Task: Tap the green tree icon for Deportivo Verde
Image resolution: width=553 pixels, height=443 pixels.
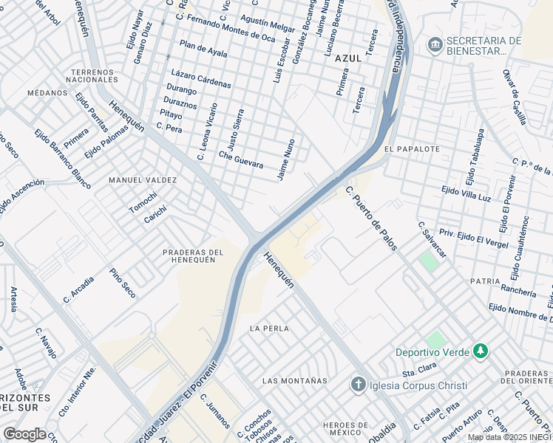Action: point(481,351)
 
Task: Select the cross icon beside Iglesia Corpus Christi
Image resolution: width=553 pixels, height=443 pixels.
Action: point(358,385)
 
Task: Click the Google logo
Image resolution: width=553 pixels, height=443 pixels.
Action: point(24,434)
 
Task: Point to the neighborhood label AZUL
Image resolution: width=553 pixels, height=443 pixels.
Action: point(347,58)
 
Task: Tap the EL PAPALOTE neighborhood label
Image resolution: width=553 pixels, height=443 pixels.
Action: point(412,148)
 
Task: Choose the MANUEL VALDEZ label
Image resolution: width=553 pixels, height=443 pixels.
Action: point(143,180)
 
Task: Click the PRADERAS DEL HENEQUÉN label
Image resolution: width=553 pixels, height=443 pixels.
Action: point(193,255)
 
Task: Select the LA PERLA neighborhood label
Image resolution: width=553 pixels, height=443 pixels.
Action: point(269,328)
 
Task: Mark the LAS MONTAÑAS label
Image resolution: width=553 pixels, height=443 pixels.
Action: point(294,381)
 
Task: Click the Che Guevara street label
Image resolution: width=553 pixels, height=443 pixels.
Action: point(241,159)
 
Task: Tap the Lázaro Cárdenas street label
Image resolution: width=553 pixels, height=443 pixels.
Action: point(200,80)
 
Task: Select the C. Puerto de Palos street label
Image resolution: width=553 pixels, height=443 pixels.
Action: point(371,218)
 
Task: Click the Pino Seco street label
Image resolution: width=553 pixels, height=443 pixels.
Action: point(122,284)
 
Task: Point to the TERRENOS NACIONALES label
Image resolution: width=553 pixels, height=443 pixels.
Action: point(93,75)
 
